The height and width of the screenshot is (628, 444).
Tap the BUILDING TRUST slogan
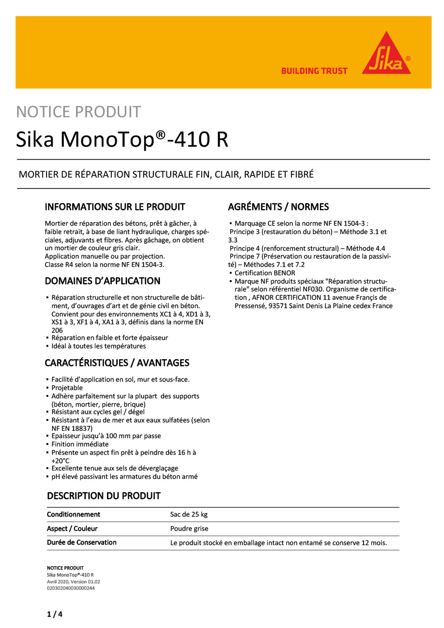(x=314, y=71)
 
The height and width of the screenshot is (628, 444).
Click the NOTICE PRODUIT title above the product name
(x=78, y=112)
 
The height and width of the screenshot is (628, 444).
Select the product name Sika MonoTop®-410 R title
(x=122, y=140)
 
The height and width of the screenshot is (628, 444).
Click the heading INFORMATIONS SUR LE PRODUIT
(x=115, y=207)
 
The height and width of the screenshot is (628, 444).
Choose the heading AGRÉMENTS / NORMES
(x=279, y=207)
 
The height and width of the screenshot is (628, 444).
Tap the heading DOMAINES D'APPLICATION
(x=103, y=281)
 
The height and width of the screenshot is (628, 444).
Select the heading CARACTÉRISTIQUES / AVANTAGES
(x=117, y=363)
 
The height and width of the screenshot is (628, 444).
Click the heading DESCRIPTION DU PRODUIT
(x=104, y=496)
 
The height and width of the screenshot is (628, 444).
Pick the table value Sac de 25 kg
(x=189, y=515)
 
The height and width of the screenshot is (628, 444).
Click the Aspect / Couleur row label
(x=72, y=529)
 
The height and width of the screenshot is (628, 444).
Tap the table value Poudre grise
(x=189, y=529)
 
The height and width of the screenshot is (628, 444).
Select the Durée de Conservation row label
(x=82, y=543)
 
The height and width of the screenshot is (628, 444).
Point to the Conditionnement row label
(x=74, y=515)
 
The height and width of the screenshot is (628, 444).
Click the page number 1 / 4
(x=54, y=614)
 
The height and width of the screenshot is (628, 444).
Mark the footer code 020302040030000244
(x=71, y=588)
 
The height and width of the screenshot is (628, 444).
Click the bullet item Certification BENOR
(x=265, y=273)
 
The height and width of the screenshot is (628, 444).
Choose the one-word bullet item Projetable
(x=67, y=388)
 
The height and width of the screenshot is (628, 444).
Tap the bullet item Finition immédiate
(x=80, y=445)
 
